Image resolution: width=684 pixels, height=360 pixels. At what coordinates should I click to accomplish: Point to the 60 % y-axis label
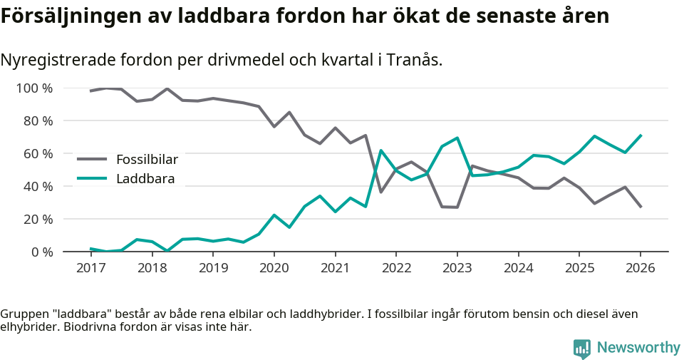(x=37, y=154)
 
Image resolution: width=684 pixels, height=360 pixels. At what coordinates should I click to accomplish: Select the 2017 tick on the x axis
(x=90, y=268)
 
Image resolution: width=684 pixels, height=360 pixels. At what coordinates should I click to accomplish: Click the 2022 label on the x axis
(x=395, y=268)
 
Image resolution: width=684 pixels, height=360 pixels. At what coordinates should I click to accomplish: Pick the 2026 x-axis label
(x=640, y=268)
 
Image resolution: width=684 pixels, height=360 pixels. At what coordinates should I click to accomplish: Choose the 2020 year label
(x=274, y=268)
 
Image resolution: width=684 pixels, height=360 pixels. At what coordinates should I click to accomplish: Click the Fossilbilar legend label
(x=147, y=159)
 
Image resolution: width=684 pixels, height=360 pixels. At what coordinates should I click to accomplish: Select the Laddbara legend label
(x=145, y=178)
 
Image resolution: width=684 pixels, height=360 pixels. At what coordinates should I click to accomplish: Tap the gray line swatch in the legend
(x=92, y=159)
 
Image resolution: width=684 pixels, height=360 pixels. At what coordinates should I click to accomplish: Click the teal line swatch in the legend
(x=92, y=178)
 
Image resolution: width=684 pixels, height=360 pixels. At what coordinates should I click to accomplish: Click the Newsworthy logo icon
(x=582, y=348)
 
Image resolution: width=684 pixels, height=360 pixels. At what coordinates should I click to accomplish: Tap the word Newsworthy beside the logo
(x=638, y=348)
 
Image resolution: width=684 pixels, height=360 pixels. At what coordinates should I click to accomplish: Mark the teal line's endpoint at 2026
(x=641, y=135)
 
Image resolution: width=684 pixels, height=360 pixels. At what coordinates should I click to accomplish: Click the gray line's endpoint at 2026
(x=641, y=207)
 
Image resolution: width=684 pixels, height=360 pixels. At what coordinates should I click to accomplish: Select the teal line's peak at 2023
(x=457, y=138)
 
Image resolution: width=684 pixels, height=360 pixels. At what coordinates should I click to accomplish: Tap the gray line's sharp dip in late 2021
(x=380, y=192)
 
